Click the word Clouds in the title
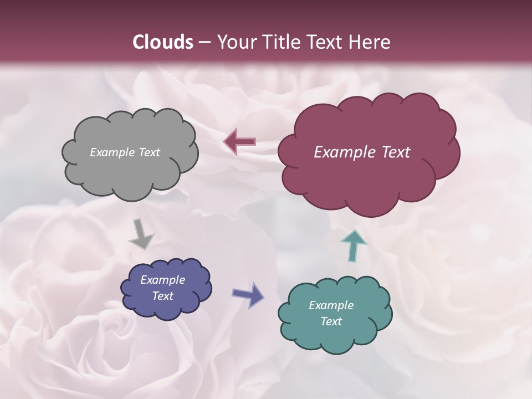(163, 42)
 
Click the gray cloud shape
(130, 172)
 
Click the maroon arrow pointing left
(239, 142)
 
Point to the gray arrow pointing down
(141, 234)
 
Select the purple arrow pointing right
(249, 294)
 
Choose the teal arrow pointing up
(354, 245)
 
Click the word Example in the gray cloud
(112, 152)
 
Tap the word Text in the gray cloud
(149, 152)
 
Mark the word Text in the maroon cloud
(395, 152)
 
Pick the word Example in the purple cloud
(163, 280)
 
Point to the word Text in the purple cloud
(163, 296)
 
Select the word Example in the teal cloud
(331, 305)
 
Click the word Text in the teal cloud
(331, 321)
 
